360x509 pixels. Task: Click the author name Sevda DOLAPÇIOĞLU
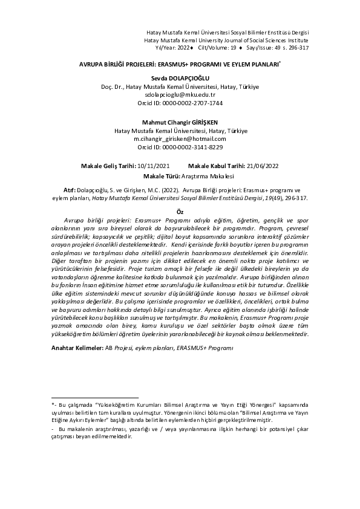180,78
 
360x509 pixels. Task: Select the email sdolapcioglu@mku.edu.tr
180,95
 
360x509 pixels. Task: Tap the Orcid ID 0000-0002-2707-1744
180,103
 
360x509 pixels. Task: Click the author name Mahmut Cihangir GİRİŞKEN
180,122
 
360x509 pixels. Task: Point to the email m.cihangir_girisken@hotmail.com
180,138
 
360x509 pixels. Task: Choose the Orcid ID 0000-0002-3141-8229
180,147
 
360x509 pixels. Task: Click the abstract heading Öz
180,212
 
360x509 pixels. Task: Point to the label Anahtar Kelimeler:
77,348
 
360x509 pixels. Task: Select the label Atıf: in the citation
69,189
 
